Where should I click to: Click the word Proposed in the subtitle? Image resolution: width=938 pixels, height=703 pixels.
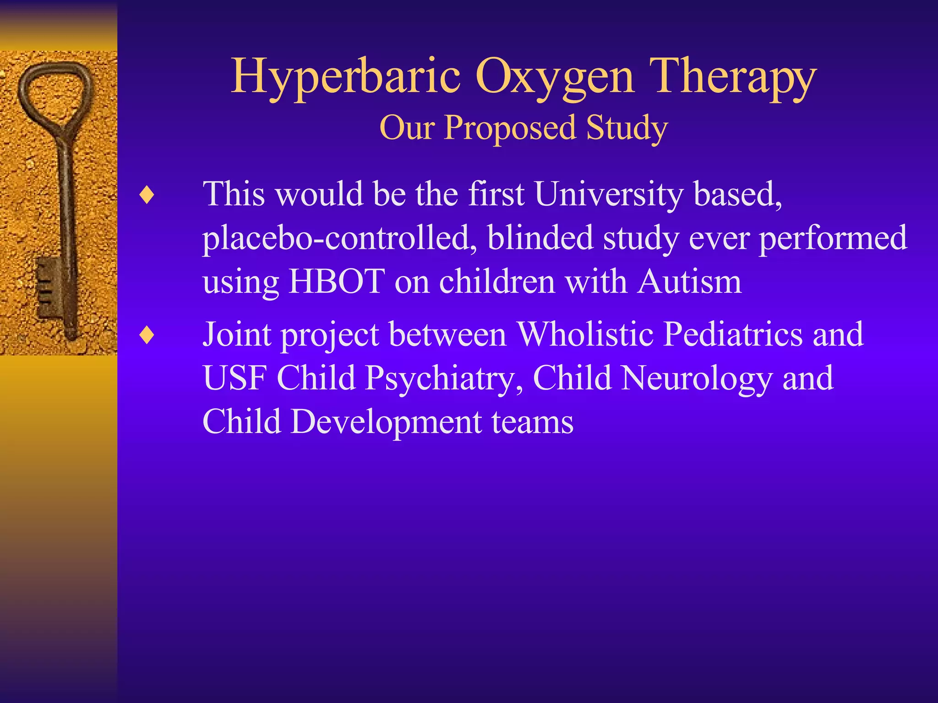pos(510,128)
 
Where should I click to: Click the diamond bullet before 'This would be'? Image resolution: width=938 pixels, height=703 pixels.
pos(147,196)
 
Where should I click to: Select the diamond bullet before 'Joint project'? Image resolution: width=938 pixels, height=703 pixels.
pos(147,335)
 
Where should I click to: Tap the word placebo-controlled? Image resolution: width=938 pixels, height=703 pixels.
pos(339,238)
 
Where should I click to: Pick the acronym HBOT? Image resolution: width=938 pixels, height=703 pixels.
pos(337,281)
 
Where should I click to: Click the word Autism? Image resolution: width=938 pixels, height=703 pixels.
pos(689,281)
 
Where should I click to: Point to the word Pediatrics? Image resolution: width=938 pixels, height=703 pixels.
pos(733,334)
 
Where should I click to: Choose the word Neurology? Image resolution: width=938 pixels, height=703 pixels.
pos(696,379)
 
